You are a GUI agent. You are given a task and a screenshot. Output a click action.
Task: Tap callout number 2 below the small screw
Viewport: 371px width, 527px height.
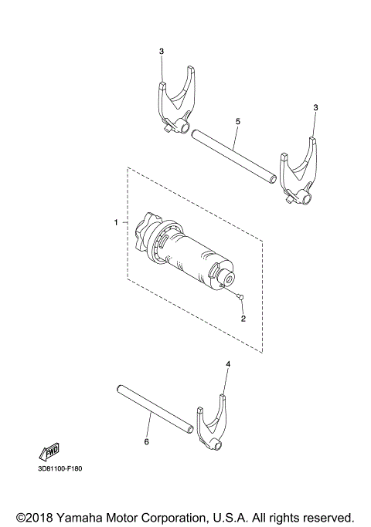[243, 317]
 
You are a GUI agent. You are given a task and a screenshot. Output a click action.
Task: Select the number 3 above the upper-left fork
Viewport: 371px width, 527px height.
[162, 52]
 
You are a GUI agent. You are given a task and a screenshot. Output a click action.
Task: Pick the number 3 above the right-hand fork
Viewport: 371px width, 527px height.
[315, 107]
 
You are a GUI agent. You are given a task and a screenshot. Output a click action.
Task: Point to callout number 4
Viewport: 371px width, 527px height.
[228, 363]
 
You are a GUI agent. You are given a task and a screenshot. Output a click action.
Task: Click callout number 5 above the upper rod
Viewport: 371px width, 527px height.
[237, 122]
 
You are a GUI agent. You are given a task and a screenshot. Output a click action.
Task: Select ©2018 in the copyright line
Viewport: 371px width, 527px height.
[33, 515]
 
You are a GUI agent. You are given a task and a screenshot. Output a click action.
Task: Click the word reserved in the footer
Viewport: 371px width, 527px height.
[326, 515]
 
